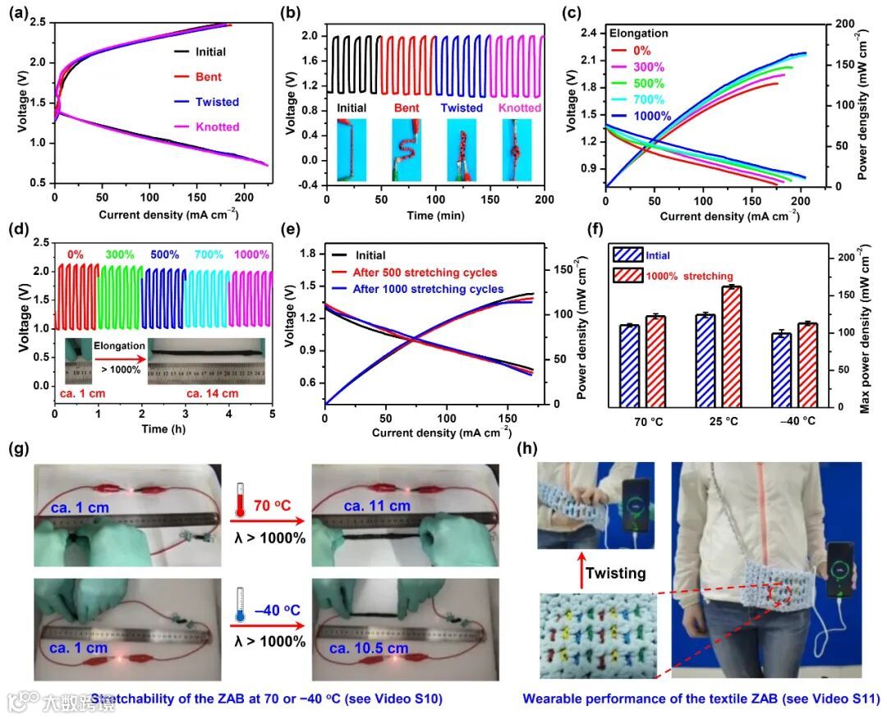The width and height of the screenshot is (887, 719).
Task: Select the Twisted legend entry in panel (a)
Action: point(217,103)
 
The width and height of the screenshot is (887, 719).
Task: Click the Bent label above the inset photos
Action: point(406,108)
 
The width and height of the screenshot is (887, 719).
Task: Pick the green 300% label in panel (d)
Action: point(120,255)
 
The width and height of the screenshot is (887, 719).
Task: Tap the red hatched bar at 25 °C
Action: point(731,346)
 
